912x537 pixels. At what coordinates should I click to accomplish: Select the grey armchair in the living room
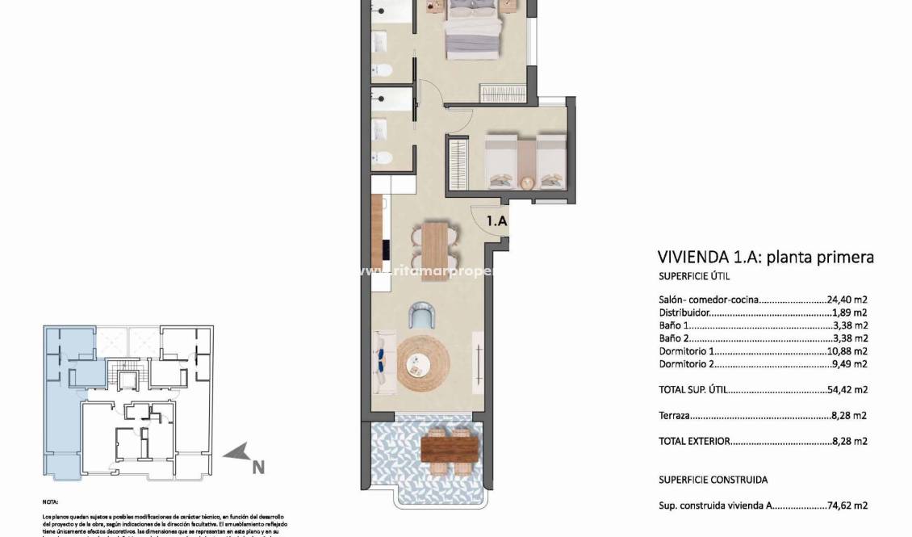coord(422,314)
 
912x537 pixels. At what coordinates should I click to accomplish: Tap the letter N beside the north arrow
coord(258,467)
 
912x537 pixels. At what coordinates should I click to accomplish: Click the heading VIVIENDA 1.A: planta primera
coord(766,258)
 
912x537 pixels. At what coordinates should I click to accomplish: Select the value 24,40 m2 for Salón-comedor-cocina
coord(847,300)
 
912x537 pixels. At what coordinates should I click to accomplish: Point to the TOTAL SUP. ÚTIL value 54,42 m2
coord(847,389)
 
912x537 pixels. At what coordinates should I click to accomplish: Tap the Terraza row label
coord(675,416)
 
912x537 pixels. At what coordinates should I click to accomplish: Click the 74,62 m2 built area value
coord(847,506)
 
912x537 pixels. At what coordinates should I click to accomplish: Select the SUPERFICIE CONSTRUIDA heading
coord(713,480)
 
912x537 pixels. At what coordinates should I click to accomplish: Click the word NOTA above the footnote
coord(50,501)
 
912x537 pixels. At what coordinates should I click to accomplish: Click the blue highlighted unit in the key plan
coord(61,404)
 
